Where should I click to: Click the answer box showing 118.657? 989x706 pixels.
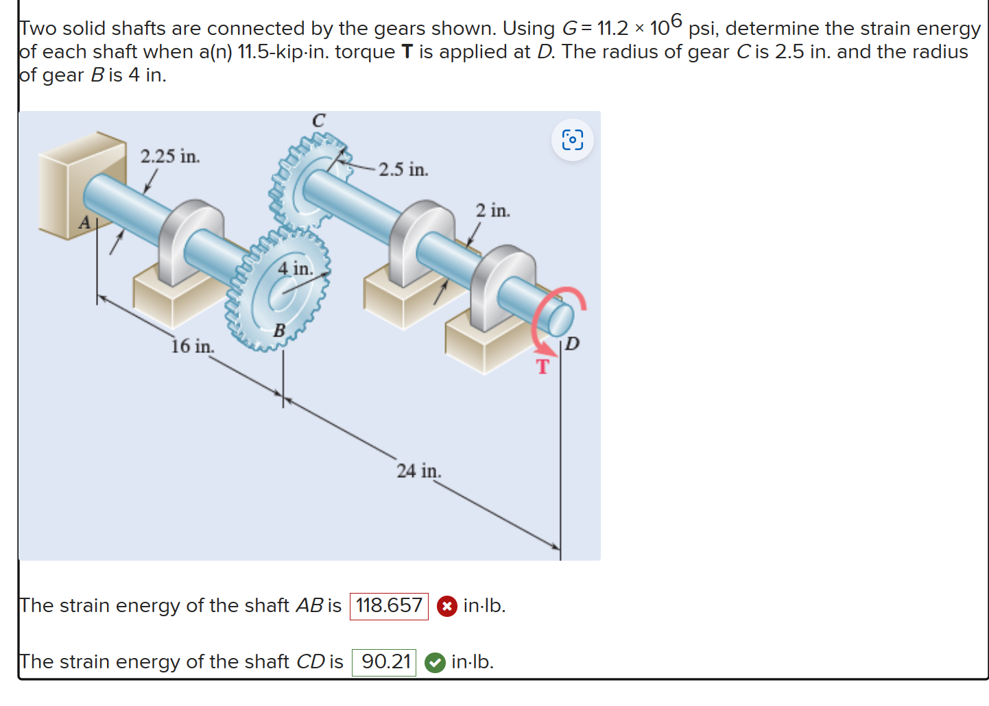(389, 606)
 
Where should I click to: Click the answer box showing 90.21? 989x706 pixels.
(384, 662)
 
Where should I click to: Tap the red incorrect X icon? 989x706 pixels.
(446, 607)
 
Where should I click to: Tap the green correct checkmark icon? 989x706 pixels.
(435, 663)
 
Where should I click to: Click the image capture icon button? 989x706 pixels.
(572, 140)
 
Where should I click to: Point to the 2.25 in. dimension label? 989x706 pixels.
(170, 156)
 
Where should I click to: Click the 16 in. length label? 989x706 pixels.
(192, 346)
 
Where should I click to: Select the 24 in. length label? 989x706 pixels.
(418, 471)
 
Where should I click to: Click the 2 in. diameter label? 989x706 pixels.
(492, 210)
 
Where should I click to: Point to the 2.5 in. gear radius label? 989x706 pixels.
(403, 169)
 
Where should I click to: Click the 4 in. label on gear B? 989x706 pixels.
(295, 268)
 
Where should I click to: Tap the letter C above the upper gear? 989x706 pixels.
(318, 121)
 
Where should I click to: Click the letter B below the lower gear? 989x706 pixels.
(279, 330)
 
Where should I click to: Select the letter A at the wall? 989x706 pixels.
(84, 222)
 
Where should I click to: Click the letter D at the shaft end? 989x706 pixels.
(572, 343)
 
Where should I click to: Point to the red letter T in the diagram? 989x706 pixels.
(543, 367)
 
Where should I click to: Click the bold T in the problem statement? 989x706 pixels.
(407, 52)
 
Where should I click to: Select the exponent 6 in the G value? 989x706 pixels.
(676, 20)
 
